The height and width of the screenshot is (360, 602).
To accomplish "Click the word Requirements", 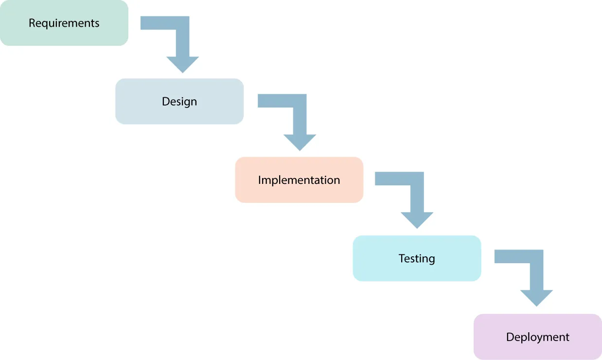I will pyautogui.click(x=64, y=23).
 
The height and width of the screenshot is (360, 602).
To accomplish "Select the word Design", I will pyautogui.click(x=179, y=101).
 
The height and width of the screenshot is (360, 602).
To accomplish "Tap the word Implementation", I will pyautogui.click(x=299, y=180).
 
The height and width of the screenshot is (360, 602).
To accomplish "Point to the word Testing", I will pyautogui.click(x=417, y=258).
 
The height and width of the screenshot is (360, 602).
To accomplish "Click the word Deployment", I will pyautogui.click(x=538, y=337).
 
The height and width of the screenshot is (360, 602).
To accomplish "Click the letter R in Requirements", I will pyautogui.click(x=32, y=23).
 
